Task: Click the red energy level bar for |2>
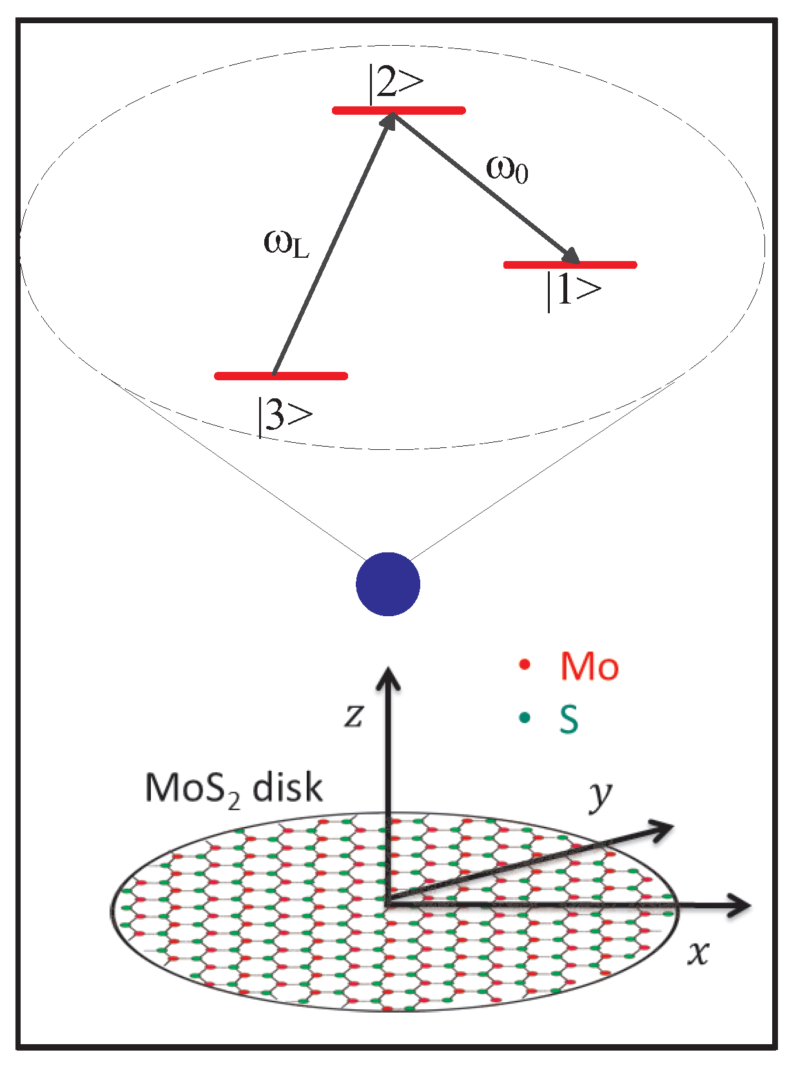[x=398, y=110]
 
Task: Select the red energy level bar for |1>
[x=570, y=264]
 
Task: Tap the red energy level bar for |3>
[x=281, y=376]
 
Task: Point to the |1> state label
[x=573, y=291]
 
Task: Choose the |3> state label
[x=284, y=416]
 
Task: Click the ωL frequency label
[x=286, y=244]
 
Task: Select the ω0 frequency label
[x=507, y=169]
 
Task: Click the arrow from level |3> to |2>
[x=333, y=245]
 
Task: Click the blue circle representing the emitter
[x=388, y=584]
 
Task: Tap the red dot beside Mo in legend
[x=524, y=665]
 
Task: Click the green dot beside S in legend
[x=525, y=717]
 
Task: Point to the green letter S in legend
[x=568, y=719]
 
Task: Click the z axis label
[x=354, y=715]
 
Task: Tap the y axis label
[x=600, y=796]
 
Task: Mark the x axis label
[x=698, y=952]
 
